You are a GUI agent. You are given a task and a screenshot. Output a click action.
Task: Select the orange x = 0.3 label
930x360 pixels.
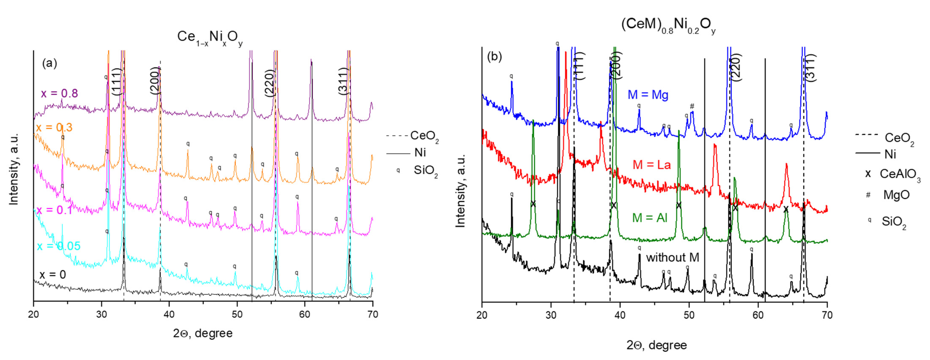pos(54,127)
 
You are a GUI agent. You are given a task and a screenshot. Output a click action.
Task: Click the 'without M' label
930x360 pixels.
pos(672,258)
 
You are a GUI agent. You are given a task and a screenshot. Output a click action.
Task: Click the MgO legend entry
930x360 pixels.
pos(896,195)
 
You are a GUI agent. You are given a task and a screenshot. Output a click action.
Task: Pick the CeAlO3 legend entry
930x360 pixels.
pos(899,174)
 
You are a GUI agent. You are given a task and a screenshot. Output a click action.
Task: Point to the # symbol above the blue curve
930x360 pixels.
pos(692,106)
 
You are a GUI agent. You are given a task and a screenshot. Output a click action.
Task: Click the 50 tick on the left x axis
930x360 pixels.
pos(237,315)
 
